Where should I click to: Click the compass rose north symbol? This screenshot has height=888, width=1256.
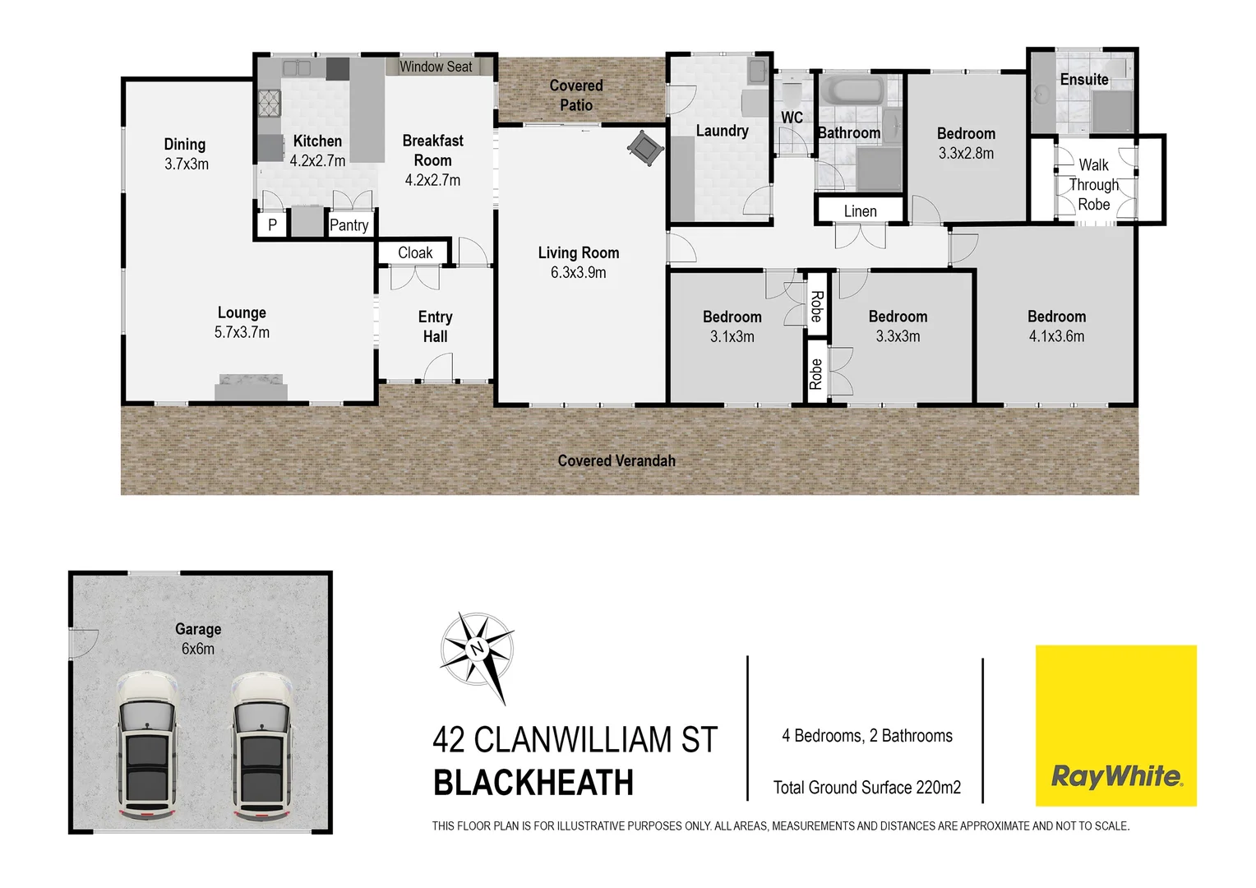pyautogui.click(x=477, y=649)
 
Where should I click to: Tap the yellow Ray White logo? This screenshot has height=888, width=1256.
pyautogui.click(x=1115, y=725)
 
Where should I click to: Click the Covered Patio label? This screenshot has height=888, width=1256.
pyautogui.click(x=576, y=95)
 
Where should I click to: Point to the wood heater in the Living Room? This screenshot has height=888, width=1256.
pyautogui.click(x=644, y=148)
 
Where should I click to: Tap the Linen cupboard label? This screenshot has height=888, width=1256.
pyautogui.click(x=860, y=211)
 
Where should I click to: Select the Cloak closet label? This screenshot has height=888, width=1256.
pyautogui.click(x=415, y=253)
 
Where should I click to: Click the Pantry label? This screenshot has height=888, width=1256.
pyautogui.click(x=349, y=225)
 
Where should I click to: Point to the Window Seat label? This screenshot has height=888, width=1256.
pyautogui.click(x=436, y=67)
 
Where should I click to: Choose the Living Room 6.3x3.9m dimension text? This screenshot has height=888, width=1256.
pyautogui.click(x=579, y=273)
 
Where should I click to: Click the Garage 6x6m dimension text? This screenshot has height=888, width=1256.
pyautogui.click(x=198, y=649)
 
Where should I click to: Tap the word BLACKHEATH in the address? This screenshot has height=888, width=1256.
pyautogui.click(x=533, y=783)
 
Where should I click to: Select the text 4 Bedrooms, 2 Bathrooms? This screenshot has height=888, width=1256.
pyautogui.click(x=867, y=736)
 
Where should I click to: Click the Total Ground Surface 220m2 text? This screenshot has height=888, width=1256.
pyautogui.click(x=867, y=788)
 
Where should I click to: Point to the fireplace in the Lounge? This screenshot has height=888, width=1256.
pyautogui.click(x=252, y=386)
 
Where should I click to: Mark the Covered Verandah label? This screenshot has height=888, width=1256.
pyautogui.click(x=616, y=461)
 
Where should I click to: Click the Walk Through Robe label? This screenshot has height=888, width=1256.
pyautogui.click(x=1094, y=185)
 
